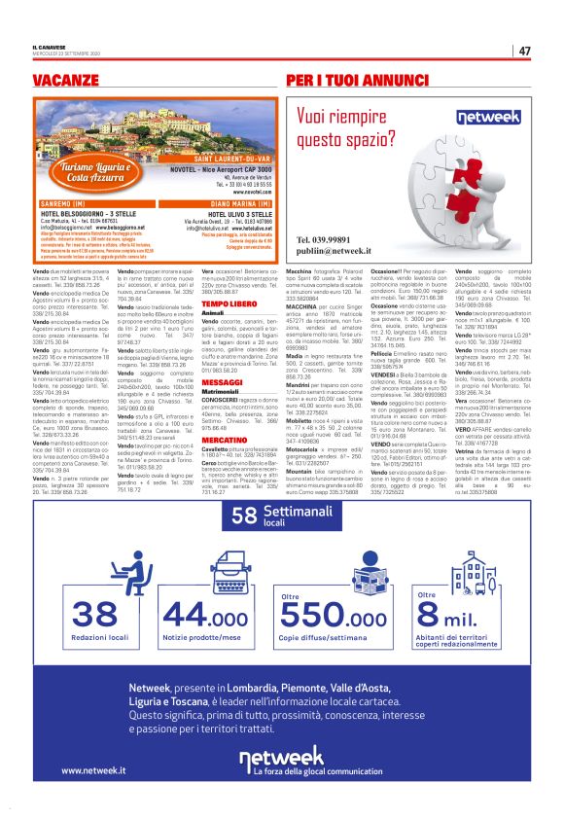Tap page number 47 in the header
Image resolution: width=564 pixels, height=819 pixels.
[x=524, y=51]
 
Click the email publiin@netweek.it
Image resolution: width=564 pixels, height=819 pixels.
[x=337, y=251]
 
